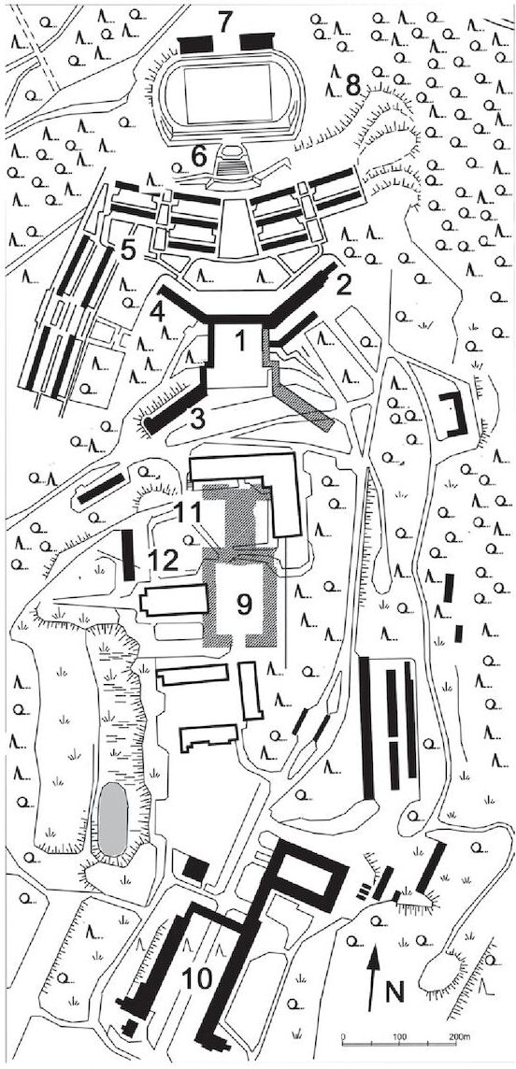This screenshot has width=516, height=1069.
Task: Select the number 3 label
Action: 197,419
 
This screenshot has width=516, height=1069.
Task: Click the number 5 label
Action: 127,250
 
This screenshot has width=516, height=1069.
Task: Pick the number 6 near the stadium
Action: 198,156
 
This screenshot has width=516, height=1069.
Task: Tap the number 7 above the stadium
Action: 225,21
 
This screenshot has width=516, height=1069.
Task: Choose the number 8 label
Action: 352,85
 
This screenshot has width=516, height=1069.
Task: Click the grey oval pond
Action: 112,820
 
